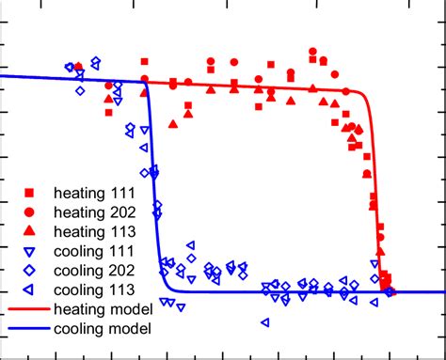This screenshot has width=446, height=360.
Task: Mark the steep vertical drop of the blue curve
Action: click(153, 188)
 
